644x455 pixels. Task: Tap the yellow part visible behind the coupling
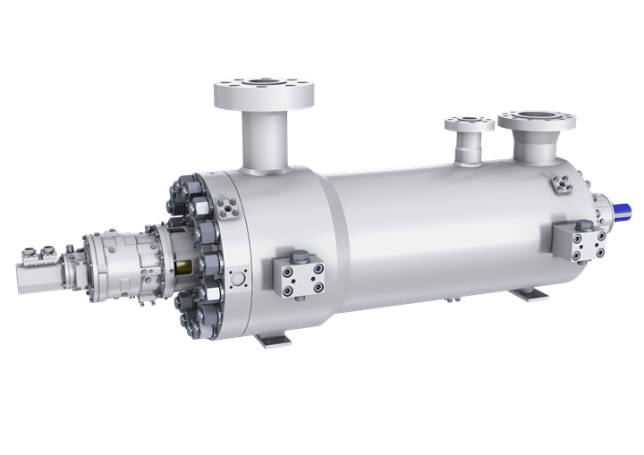click(186, 265)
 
